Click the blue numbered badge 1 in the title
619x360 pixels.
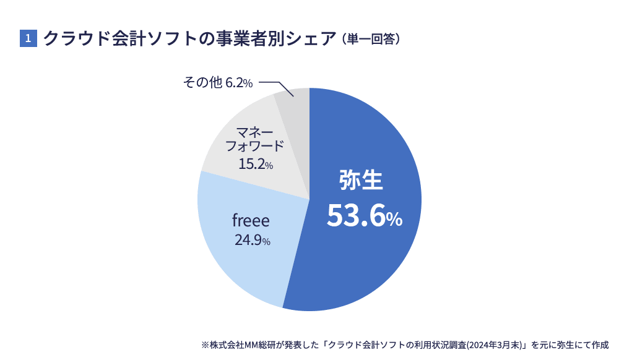(x=28, y=38)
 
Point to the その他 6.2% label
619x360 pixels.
(x=218, y=82)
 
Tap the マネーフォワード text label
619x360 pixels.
(x=254, y=139)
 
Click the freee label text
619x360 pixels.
(x=251, y=220)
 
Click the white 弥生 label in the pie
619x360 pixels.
(x=361, y=180)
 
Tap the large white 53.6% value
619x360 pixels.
(x=364, y=216)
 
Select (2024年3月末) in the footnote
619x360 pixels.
(x=495, y=345)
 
